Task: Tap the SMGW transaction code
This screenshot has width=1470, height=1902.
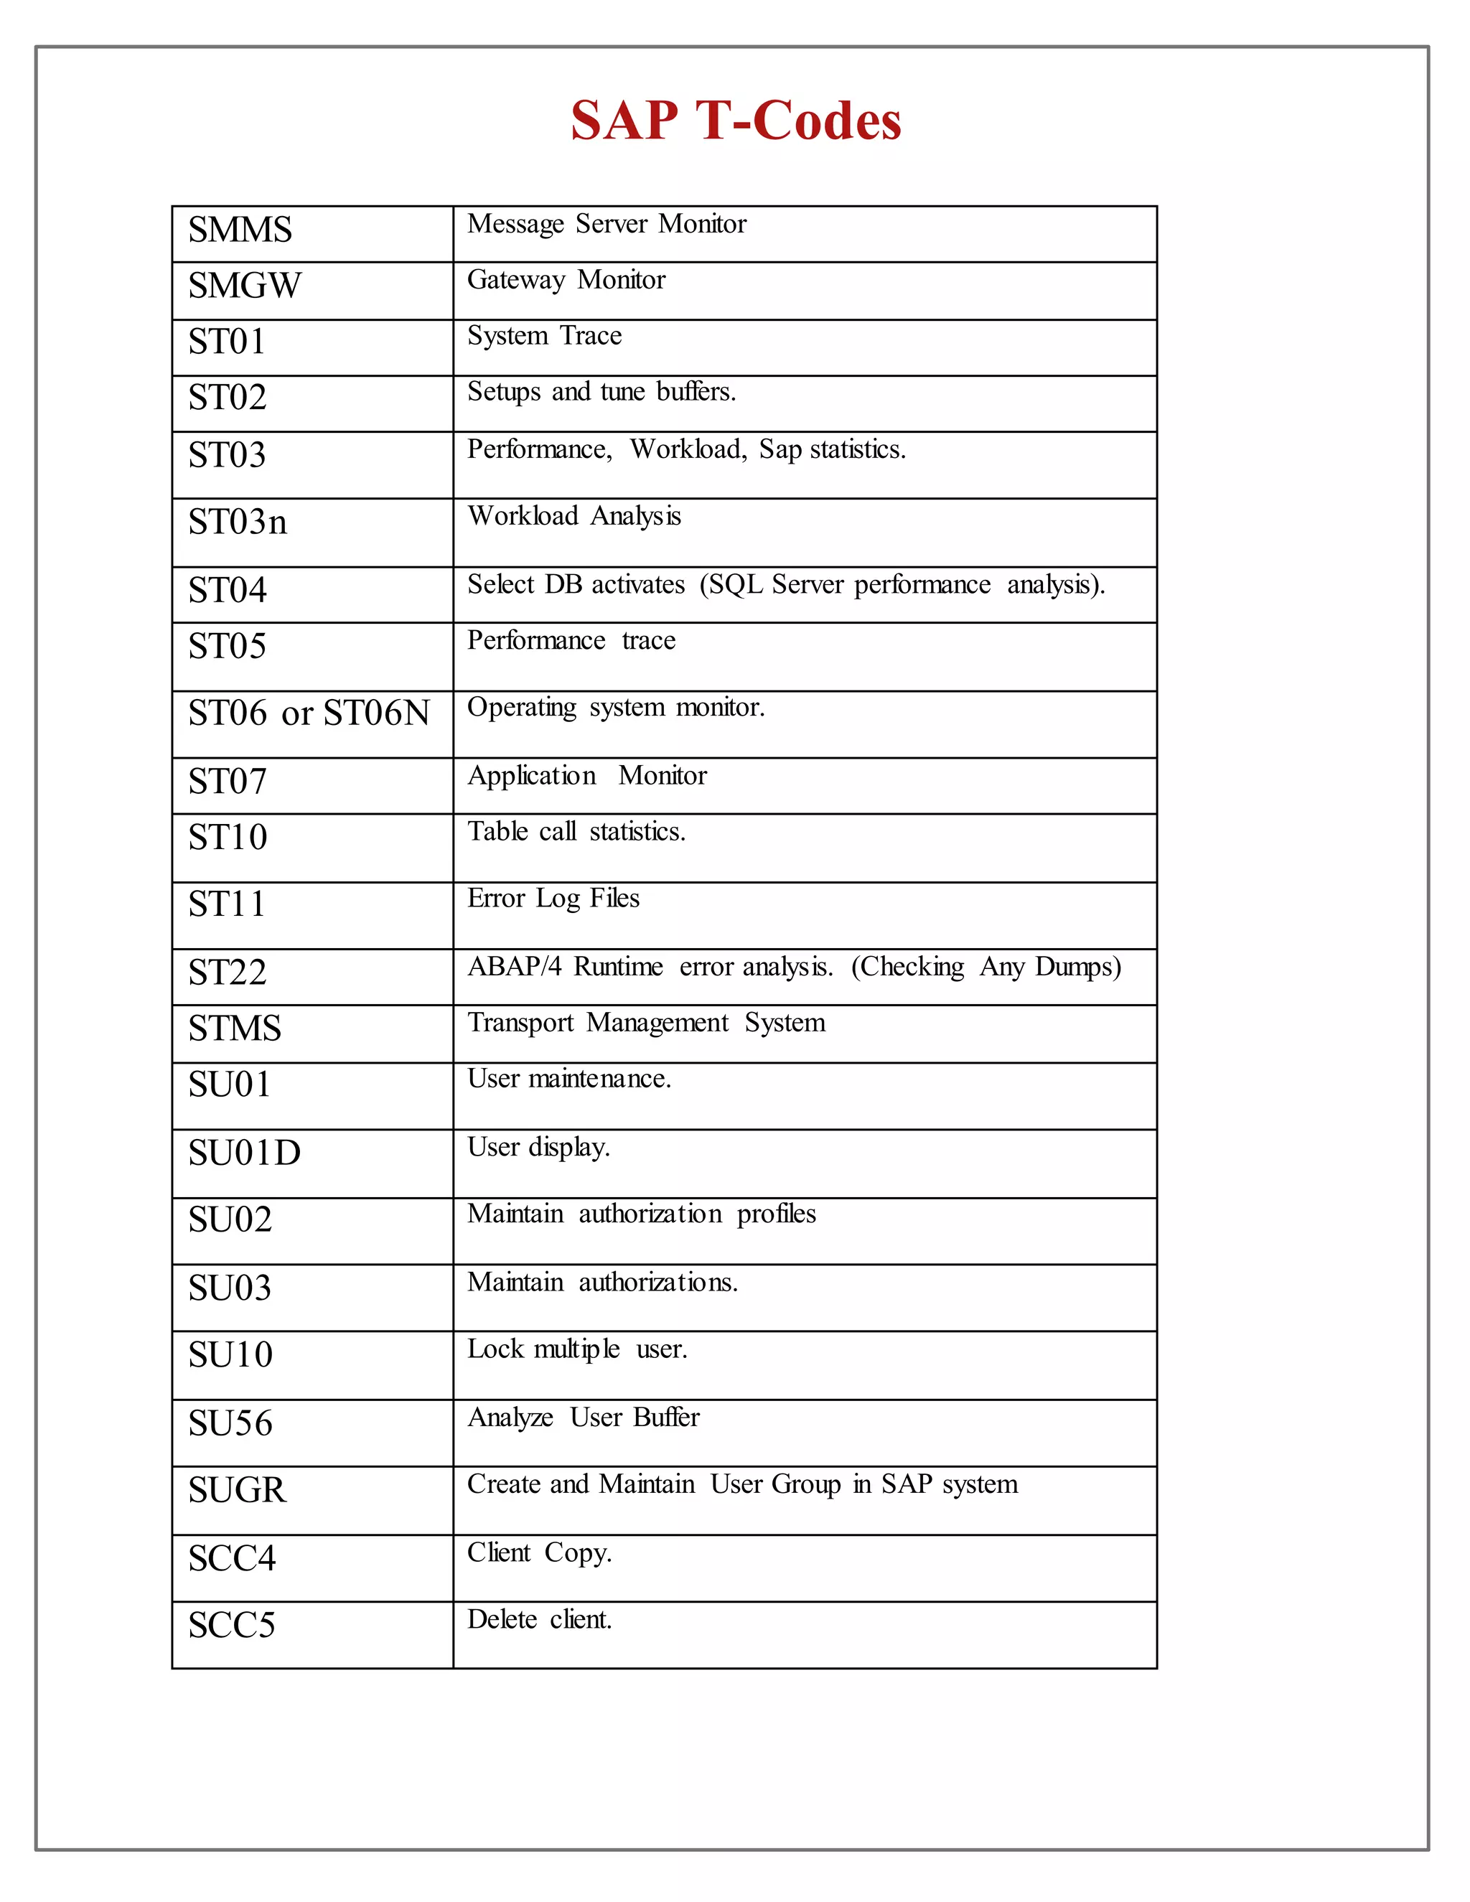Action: (x=245, y=286)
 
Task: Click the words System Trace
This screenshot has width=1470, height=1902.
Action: (x=544, y=336)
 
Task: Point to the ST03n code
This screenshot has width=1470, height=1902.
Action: (x=237, y=523)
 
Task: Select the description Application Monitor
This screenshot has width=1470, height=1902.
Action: (x=587, y=775)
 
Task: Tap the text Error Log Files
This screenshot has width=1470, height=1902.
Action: (x=553, y=898)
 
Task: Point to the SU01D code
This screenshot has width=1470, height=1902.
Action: (x=245, y=1153)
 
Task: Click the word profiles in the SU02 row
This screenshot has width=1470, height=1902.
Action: (x=776, y=1214)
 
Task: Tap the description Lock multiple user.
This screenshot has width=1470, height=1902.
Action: (x=577, y=1349)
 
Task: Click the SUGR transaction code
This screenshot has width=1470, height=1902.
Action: (x=237, y=1490)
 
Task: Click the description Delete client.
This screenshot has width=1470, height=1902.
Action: (x=539, y=1620)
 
